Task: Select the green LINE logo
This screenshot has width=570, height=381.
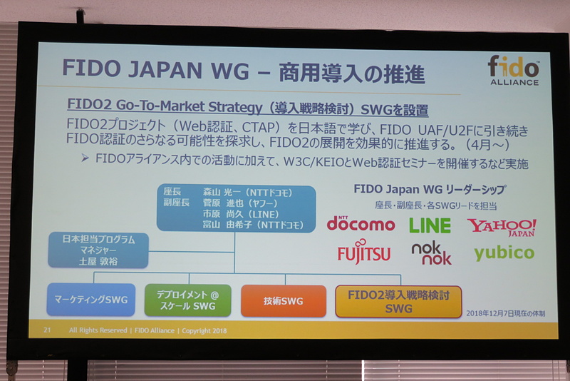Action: [430, 225]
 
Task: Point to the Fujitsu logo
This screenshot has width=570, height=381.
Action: [364, 253]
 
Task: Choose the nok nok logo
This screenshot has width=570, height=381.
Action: [431, 253]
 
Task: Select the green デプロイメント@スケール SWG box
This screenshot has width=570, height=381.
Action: [187, 300]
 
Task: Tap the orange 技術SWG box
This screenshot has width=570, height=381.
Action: [283, 301]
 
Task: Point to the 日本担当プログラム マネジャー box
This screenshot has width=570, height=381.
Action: [98, 250]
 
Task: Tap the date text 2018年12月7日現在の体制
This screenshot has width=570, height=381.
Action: [505, 313]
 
